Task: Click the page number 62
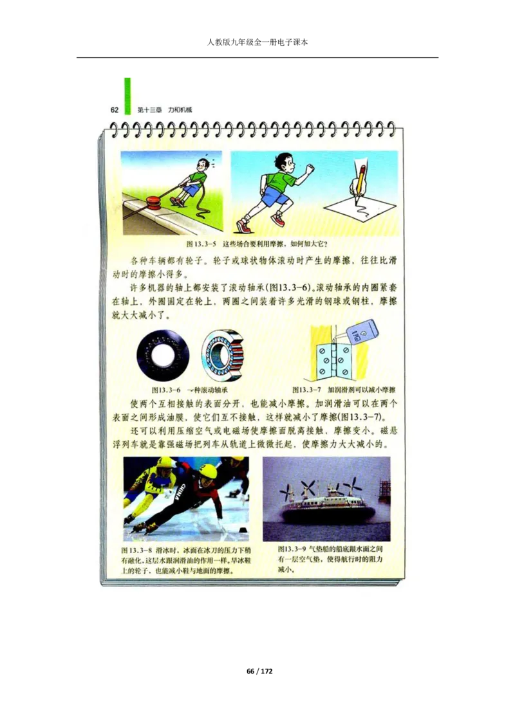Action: pos(115,109)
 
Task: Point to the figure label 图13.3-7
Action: pos(306,390)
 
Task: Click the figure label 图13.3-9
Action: pos(292,551)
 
